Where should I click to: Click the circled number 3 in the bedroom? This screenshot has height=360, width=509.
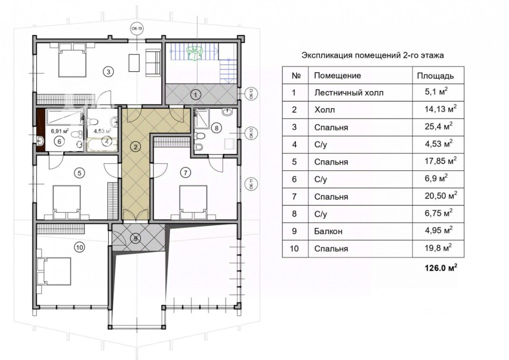(109, 72)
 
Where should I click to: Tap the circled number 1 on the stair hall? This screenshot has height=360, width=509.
(195, 95)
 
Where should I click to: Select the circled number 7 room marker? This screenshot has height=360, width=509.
(185, 173)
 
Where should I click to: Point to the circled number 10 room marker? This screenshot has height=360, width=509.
(80, 247)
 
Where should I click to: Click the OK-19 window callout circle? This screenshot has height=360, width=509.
(137, 29)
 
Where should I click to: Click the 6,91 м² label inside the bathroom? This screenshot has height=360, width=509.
(60, 131)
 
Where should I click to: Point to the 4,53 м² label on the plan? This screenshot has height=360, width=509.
(103, 131)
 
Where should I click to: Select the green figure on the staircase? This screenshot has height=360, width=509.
(195, 53)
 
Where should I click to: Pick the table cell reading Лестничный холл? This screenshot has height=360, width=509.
(349, 93)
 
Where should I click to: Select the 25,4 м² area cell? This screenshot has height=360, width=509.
(438, 126)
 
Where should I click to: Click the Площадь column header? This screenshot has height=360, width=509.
(435, 76)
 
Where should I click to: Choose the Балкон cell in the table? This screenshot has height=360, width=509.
(328, 231)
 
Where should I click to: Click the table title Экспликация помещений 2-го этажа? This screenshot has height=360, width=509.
(373, 55)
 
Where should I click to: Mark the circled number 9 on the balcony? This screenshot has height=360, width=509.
(136, 239)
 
